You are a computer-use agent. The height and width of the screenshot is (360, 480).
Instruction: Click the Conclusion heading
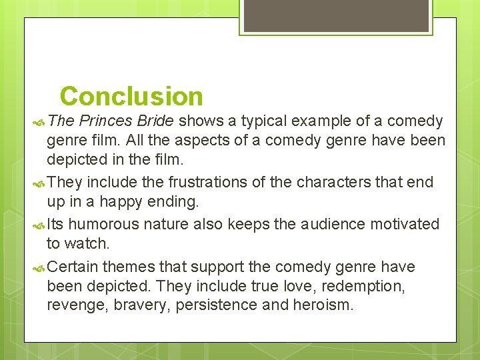[x=131, y=97]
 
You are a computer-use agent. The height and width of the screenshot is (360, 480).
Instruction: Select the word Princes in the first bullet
[x=107, y=121]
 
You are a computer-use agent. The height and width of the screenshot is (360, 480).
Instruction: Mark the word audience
[x=333, y=224]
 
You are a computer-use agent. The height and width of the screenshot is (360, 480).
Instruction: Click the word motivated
[x=406, y=224]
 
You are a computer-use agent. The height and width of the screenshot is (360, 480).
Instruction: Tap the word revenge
[x=73, y=306]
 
